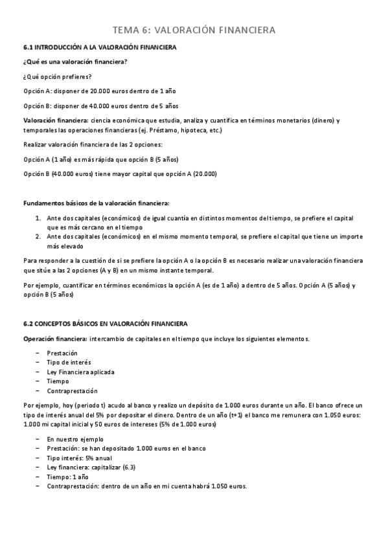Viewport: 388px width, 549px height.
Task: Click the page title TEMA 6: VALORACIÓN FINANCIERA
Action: click(x=194, y=30)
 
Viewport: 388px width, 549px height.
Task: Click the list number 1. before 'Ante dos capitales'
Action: click(x=38, y=218)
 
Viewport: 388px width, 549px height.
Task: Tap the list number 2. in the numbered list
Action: click(x=38, y=237)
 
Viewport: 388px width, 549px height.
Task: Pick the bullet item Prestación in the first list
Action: click(x=62, y=353)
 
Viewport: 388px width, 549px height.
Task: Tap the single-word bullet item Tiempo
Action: click(x=58, y=381)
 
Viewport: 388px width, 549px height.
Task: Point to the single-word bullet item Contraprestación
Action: click(x=72, y=391)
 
